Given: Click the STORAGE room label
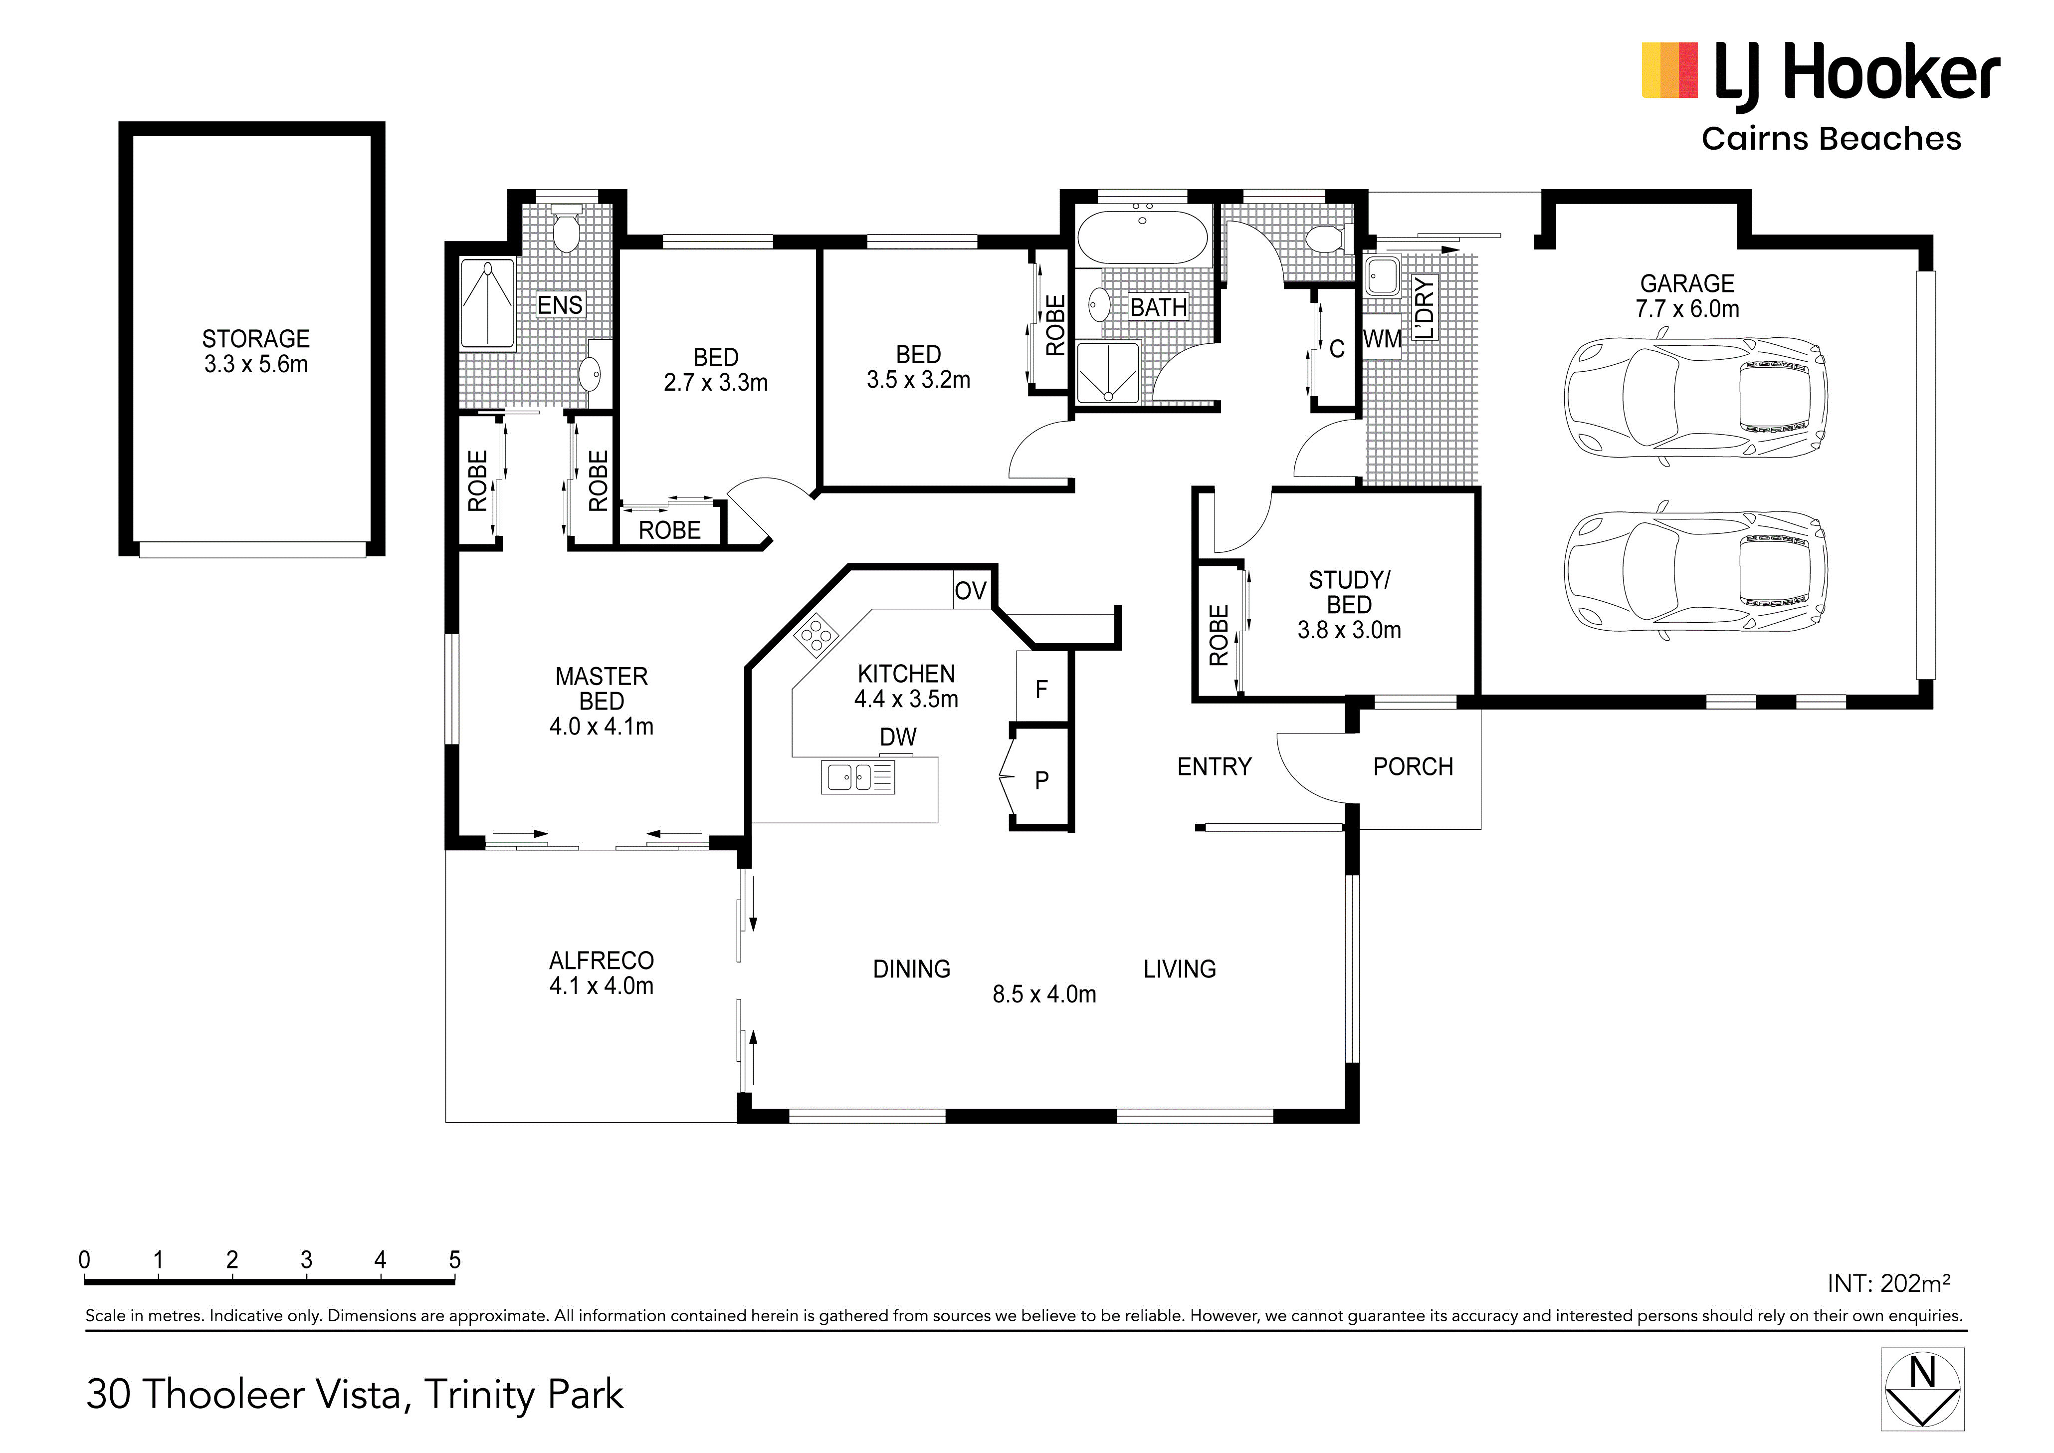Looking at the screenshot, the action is coord(256,339).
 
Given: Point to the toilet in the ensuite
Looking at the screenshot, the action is coord(566,229).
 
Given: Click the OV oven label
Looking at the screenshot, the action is coord(971,590).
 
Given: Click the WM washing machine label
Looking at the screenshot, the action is coord(1382,339).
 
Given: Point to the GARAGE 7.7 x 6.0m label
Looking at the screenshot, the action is coord(1687,296).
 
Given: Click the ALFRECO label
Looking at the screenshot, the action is coord(601,961).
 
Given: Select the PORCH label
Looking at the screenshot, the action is coord(1414,767).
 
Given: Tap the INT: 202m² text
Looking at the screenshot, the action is coord(1888,1283).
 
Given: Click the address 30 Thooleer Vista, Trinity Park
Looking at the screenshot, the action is coord(355,1394).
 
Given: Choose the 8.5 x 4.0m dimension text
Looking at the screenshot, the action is coord(1044,994).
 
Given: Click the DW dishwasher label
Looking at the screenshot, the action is coord(898,737).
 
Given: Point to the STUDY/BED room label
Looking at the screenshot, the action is coord(1349,592).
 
